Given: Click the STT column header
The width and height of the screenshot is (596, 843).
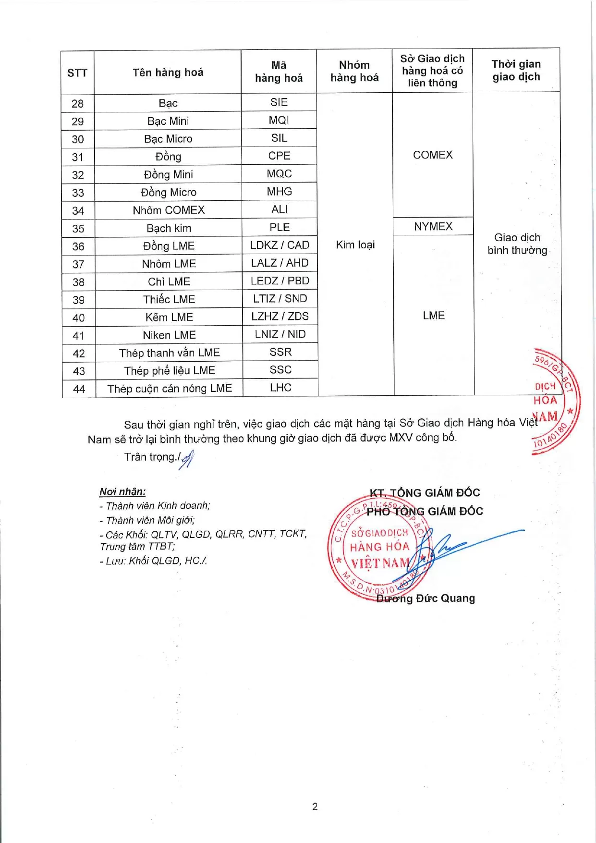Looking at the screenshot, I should click(x=77, y=73).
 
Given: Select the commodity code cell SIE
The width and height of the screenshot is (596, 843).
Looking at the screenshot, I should click(x=279, y=102).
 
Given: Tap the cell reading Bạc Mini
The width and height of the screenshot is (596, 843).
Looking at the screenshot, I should click(x=168, y=121).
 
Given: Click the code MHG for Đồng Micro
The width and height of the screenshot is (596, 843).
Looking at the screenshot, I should click(x=280, y=192).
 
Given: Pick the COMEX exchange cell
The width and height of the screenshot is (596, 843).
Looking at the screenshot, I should click(x=433, y=155).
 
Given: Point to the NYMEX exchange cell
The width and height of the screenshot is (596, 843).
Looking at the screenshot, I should click(x=433, y=226).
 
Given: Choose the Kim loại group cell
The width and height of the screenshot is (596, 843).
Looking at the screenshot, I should click(x=355, y=244).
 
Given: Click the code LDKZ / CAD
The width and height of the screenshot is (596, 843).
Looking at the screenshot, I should click(x=280, y=245).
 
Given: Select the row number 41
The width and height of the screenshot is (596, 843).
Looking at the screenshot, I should click(x=79, y=335).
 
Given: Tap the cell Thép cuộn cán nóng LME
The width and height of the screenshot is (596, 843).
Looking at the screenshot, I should click(x=170, y=388).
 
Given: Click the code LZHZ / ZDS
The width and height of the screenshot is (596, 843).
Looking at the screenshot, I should click(x=280, y=316).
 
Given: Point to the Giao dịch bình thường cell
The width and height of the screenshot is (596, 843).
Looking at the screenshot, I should click(x=517, y=244).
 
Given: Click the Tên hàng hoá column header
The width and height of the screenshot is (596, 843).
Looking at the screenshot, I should click(x=168, y=73).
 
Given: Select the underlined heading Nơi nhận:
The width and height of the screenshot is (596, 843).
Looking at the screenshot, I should click(x=122, y=491).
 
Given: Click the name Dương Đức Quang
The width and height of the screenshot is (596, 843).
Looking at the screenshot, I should click(x=426, y=599).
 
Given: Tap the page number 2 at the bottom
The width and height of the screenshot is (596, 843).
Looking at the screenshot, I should click(x=315, y=806).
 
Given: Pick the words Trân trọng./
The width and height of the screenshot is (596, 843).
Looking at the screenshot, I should click(x=153, y=457).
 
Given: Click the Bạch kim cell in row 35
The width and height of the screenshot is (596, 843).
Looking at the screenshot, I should click(x=169, y=228).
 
